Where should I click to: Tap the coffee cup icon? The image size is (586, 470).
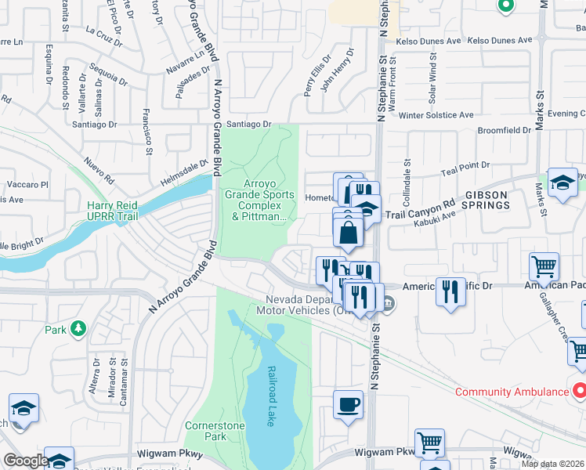(349, 404)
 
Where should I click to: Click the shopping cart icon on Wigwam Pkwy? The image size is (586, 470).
(429, 443)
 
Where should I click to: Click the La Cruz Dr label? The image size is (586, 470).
(104, 35)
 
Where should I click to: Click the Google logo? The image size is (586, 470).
(26, 461)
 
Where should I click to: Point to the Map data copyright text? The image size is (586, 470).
(552, 464)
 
